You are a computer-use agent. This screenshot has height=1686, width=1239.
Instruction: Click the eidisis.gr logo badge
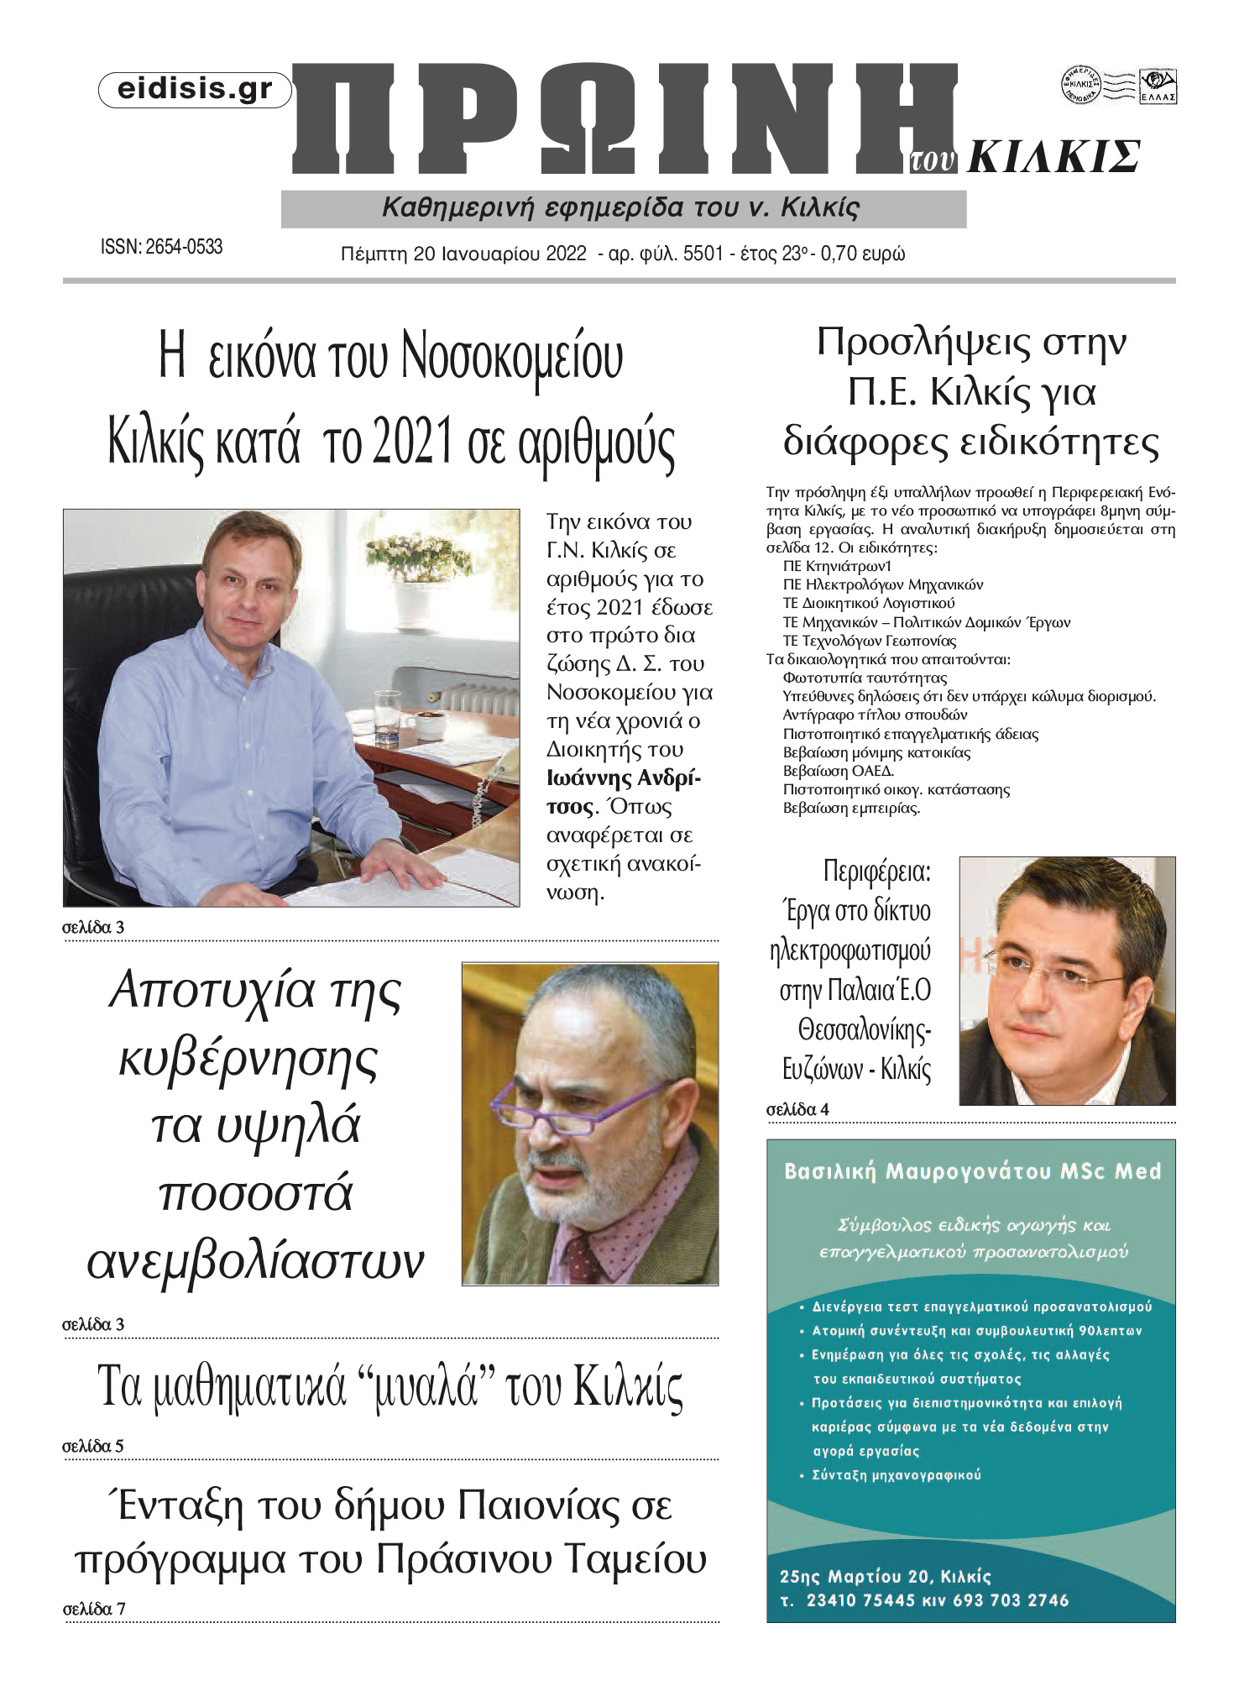pyautogui.click(x=195, y=90)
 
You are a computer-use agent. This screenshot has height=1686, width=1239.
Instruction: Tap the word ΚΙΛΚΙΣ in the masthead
pyautogui.click(x=1054, y=157)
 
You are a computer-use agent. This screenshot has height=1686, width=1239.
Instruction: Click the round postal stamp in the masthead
pyautogui.click(x=1081, y=85)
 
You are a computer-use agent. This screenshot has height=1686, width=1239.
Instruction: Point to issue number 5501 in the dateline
pyautogui.click(x=703, y=254)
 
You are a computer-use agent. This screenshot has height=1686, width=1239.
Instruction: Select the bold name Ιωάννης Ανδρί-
pyautogui.click(x=623, y=778)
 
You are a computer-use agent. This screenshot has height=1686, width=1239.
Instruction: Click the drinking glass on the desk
pyautogui.click(x=387, y=716)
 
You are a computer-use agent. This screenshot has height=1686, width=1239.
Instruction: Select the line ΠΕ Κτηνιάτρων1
pyautogui.click(x=837, y=566)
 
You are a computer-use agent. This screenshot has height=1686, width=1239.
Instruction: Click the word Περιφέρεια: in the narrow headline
pyautogui.click(x=876, y=872)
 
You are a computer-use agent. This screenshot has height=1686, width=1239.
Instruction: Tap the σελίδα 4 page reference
pyautogui.click(x=797, y=1109)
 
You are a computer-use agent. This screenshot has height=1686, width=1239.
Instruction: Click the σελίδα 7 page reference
pyautogui.click(x=94, y=1609)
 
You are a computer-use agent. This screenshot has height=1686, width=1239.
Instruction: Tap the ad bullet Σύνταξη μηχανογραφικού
pyautogui.click(x=896, y=1474)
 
